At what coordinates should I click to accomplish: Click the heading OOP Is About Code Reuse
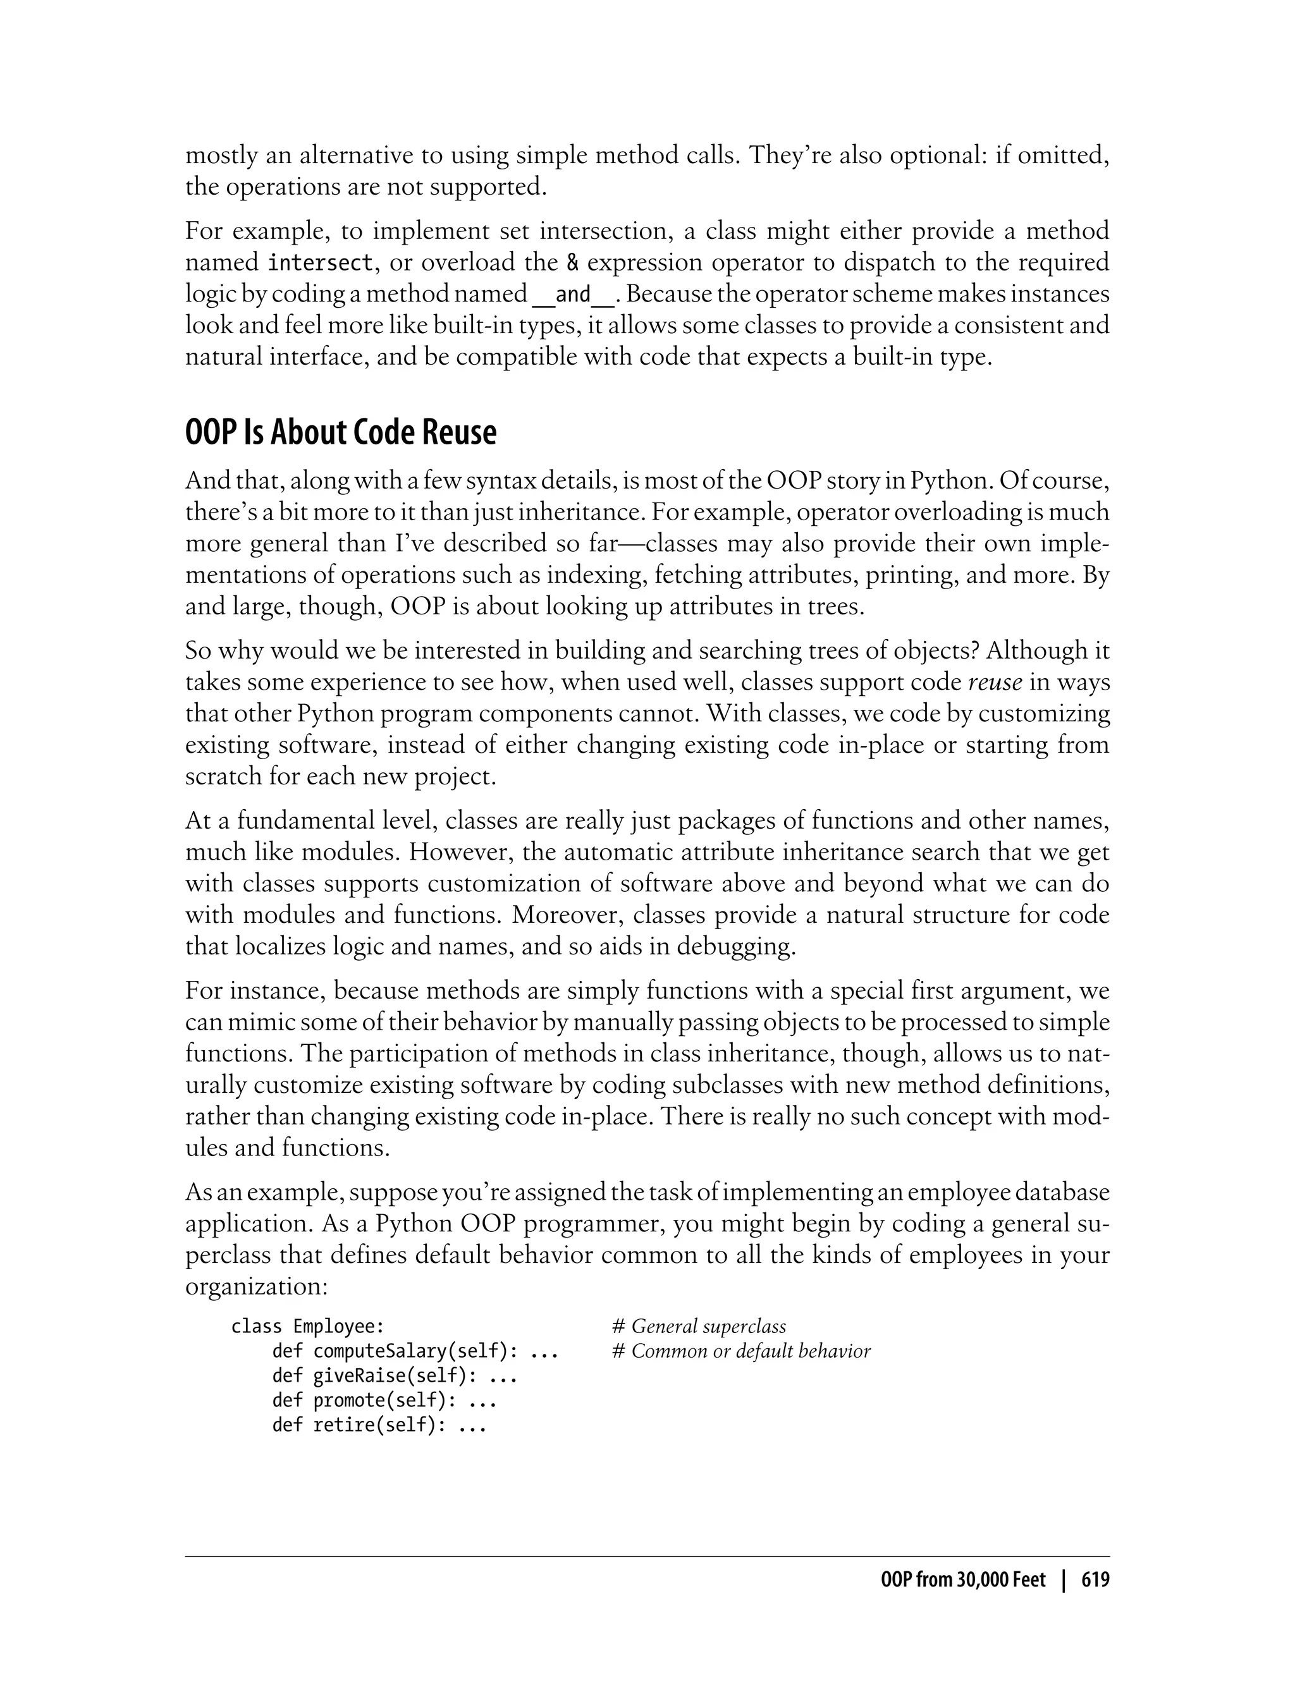coord(341,433)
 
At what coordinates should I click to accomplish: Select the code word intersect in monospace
coord(320,264)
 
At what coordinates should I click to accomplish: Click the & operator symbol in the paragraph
coord(572,264)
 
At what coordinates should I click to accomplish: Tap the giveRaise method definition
coord(394,1375)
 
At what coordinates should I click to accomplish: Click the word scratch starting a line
coord(224,777)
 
